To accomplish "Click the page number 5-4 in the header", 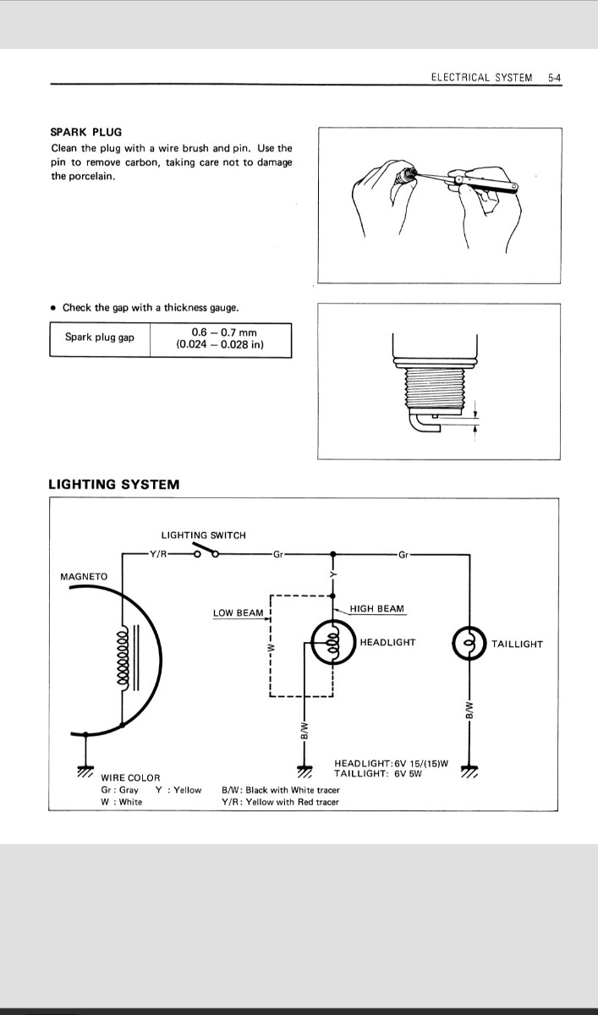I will (555, 77).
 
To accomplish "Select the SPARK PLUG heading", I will (85, 132).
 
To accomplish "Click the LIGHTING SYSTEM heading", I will (113, 485).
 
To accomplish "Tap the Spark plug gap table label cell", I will (100, 338).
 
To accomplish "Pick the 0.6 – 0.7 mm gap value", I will (221, 333).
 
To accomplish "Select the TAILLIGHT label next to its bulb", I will (517, 645).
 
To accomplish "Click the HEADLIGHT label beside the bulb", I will (387, 643).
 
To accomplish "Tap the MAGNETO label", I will (84, 577).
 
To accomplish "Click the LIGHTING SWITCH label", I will (203, 535).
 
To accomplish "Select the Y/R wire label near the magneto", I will (157, 555).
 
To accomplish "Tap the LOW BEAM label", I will (238, 613).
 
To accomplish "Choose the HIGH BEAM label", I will (376, 609).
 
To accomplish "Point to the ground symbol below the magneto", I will (85, 771).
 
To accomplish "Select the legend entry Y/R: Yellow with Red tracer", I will (279, 802).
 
